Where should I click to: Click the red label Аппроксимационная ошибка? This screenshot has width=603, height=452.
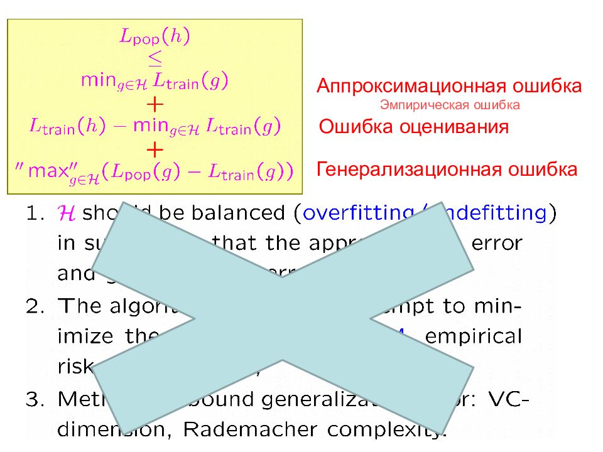(449, 86)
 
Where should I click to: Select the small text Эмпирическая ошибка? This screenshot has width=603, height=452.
(450, 105)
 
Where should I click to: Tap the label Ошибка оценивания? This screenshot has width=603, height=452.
(413, 127)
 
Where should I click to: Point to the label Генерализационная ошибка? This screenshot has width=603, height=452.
(447, 169)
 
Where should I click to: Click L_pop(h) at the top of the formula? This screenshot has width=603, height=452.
(155, 37)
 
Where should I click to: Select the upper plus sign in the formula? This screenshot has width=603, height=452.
(155, 102)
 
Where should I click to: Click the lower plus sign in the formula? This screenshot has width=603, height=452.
(155, 149)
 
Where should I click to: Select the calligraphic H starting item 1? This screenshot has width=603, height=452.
(65, 213)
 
